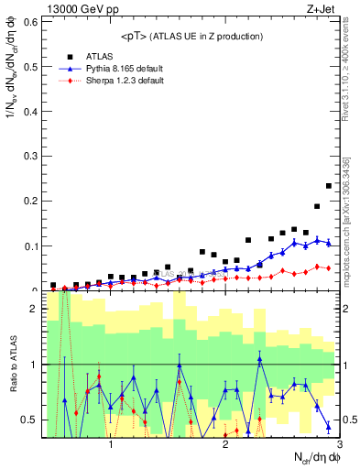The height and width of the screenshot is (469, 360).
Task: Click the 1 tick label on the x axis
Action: [111, 445]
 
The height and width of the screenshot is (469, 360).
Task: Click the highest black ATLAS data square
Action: [328, 186]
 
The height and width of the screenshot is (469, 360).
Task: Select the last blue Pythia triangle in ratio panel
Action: [328, 427]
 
